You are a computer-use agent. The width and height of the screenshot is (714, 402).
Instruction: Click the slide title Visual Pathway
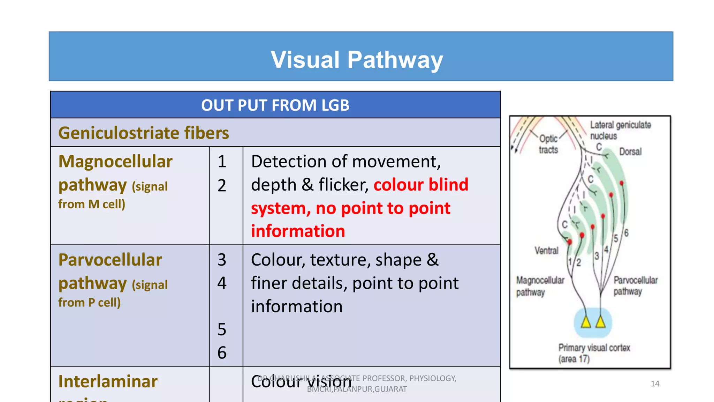pyautogui.click(x=357, y=60)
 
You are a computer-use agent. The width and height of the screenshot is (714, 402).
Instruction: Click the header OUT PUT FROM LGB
pyautogui.click(x=275, y=105)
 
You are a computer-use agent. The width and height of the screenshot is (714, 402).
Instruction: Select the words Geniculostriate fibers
pyautogui.click(x=144, y=133)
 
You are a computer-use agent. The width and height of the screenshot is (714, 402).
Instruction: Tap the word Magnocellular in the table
pyautogui.click(x=115, y=162)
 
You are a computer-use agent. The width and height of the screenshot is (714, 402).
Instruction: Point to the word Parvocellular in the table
pyautogui.click(x=110, y=260)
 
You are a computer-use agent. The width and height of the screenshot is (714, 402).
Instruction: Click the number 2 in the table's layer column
pyautogui.click(x=222, y=185)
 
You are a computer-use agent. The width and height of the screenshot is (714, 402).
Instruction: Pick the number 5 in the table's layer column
pyautogui.click(x=222, y=329)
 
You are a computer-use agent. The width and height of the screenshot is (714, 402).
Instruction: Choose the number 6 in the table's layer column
pyautogui.click(x=222, y=353)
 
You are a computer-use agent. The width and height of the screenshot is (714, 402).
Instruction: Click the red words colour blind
pyautogui.click(x=421, y=185)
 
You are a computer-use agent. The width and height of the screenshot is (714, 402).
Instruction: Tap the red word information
pyautogui.click(x=298, y=231)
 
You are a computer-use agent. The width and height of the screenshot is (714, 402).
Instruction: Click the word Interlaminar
pyautogui.click(x=108, y=381)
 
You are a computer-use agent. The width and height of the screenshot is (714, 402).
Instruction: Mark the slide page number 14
pyautogui.click(x=655, y=384)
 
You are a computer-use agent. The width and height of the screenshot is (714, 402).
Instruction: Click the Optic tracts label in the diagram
pyautogui.click(x=548, y=144)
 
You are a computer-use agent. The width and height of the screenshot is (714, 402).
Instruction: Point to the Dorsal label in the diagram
pyautogui.click(x=630, y=152)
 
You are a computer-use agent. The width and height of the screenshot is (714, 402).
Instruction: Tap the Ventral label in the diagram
pyautogui.click(x=546, y=251)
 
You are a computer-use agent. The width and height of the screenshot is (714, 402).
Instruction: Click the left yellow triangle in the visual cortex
pyautogui.click(x=586, y=322)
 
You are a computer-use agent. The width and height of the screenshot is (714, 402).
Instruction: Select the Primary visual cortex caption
pyautogui.click(x=594, y=353)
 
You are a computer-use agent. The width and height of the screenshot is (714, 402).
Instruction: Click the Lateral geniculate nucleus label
pyautogui.click(x=620, y=130)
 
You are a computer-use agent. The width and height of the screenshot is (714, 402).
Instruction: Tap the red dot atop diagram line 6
pyautogui.click(x=622, y=183)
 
